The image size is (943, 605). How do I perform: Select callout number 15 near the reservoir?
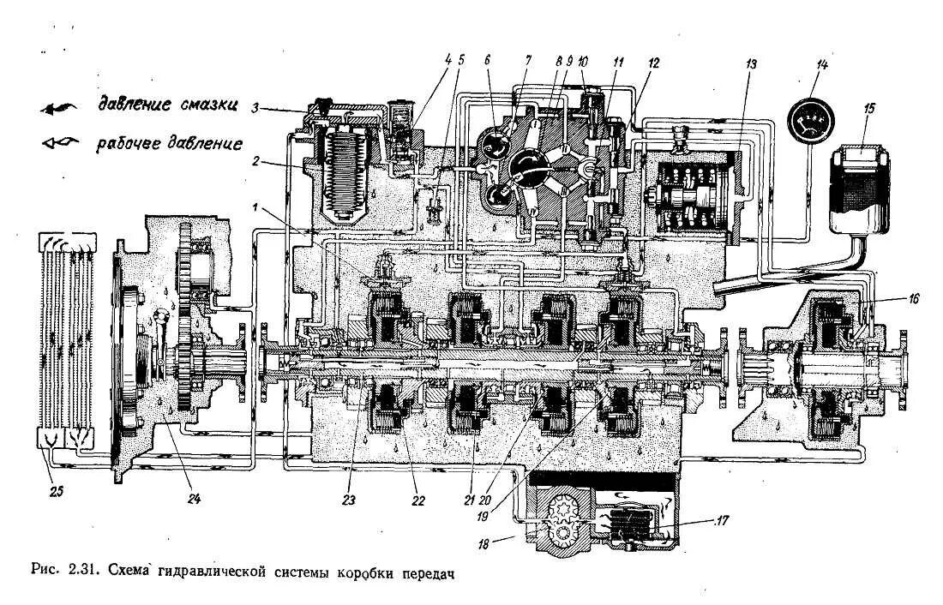869,109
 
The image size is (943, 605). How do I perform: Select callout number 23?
351,497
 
